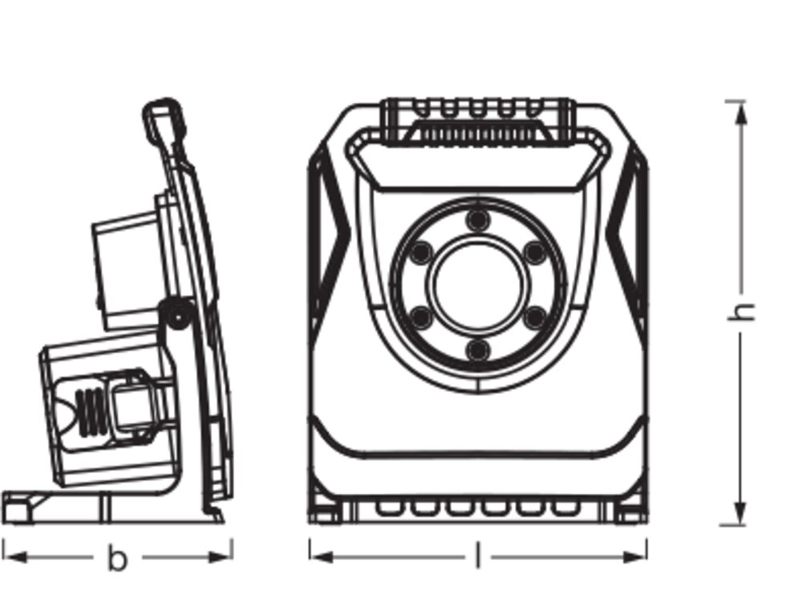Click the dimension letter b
tap(118, 558)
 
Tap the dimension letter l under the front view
tap(479, 556)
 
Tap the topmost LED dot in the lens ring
tap(479, 219)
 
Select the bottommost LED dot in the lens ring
tap(479, 349)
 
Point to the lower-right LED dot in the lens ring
tap(535, 318)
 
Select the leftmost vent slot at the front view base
tap(389, 507)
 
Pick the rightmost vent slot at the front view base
tap(566, 507)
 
